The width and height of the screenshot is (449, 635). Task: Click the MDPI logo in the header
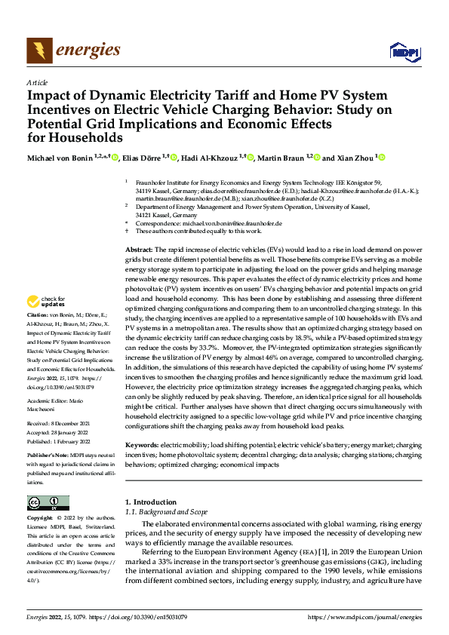point(401,51)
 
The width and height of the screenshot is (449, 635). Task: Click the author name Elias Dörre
point(140,158)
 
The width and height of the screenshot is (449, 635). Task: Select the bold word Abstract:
point(138,249)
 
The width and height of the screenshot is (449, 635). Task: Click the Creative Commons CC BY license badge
point(48,503)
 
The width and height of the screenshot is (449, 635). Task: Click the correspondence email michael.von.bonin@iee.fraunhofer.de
point(224,223)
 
